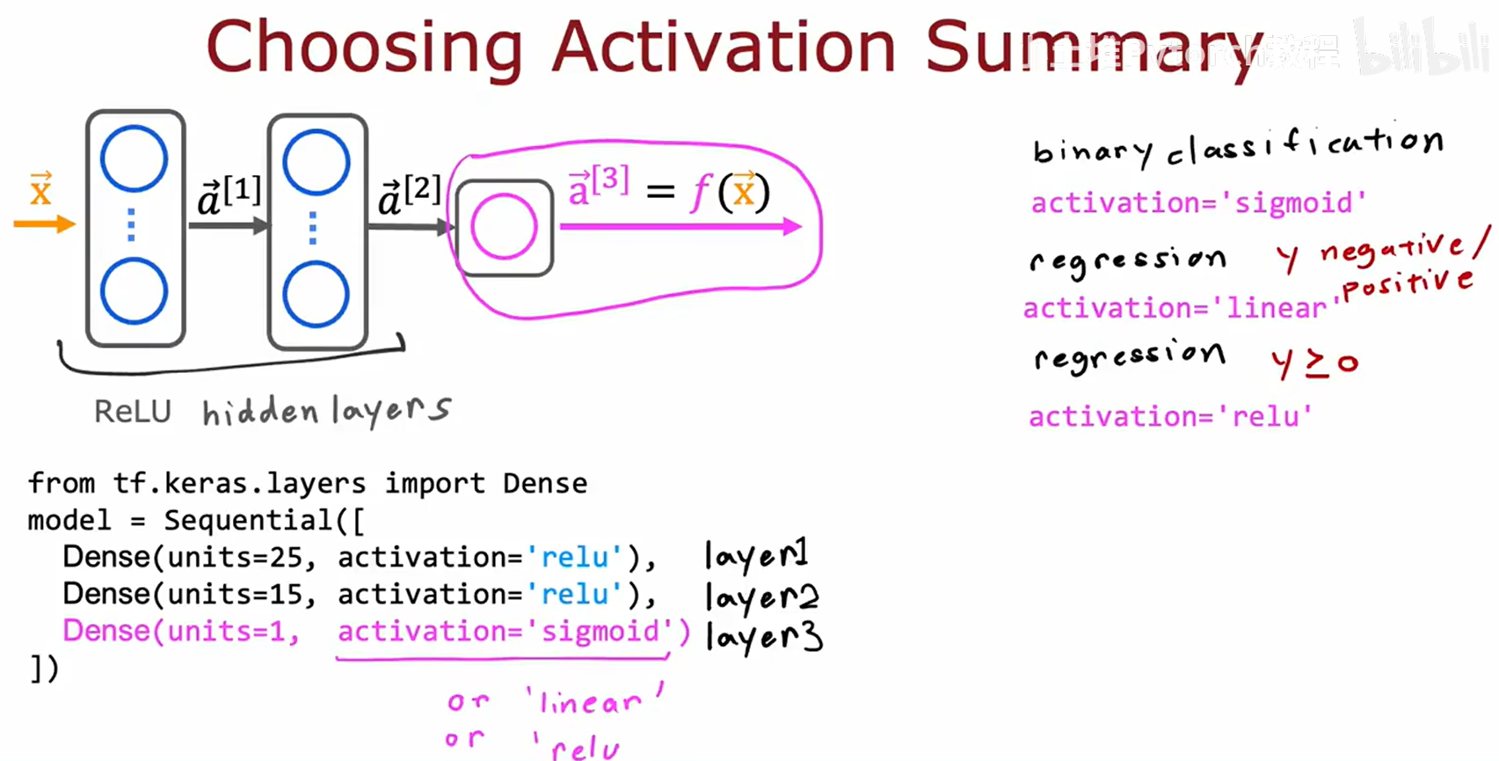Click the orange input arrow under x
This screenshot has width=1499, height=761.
[44, 224]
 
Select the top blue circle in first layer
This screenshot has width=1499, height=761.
[134, 159]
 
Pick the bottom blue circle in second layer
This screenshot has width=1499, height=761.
[316, 294]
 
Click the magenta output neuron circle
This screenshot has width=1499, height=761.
[504, 227]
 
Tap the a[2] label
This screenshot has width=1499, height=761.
[410, 195]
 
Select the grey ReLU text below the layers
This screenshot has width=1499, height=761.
[133, 411]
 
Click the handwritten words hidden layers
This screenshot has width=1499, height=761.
[326, 411]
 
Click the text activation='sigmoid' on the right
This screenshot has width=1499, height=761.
[1198, 203]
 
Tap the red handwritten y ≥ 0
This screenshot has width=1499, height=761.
[1315, 362]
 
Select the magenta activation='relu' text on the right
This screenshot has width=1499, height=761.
[1170, 416]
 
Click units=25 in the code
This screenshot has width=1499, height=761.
[235, 557]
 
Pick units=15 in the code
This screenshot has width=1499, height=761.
[235, 594]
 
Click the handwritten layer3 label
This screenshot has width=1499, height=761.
[763, 635]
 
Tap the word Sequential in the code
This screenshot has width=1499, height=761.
[249, 520]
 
